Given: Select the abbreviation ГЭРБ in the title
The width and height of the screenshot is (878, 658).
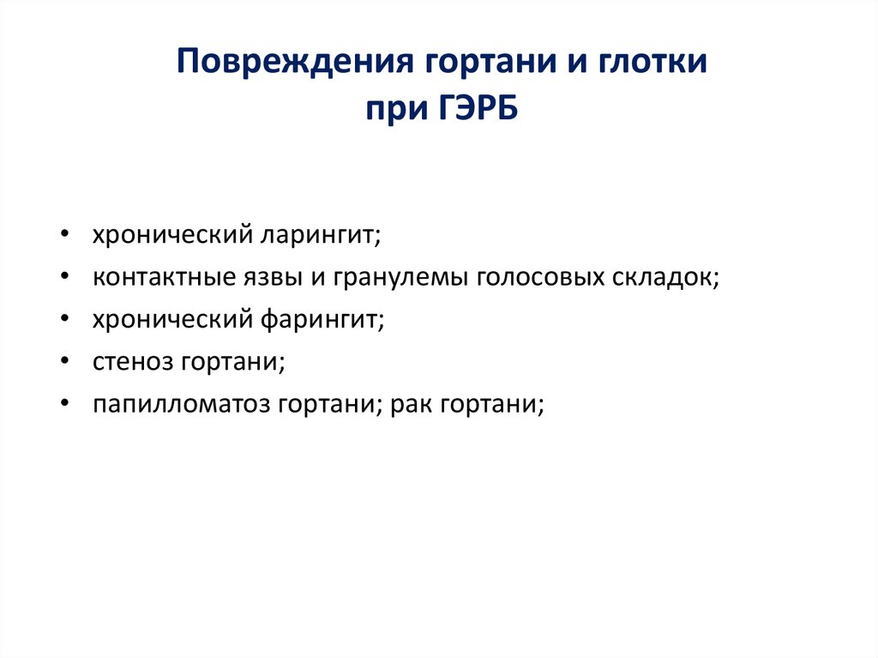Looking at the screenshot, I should tap(474, 111).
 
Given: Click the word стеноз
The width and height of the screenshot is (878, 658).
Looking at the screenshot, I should tap(134, 361).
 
